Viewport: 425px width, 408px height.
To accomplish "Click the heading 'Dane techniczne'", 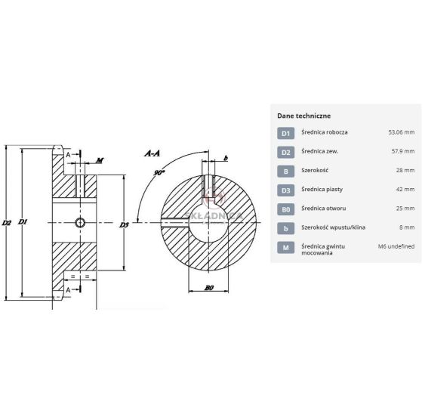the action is coord(304,116).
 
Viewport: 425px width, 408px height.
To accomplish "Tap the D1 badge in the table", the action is coord(285,133).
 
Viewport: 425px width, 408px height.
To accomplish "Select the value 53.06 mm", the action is coord(402,132).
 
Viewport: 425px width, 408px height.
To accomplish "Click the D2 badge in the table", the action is coord(285,152).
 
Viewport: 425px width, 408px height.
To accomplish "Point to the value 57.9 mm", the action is coord(403,151).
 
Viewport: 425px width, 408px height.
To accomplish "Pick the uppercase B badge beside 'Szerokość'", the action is coord(285,172).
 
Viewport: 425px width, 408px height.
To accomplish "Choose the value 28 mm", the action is coord(405,170).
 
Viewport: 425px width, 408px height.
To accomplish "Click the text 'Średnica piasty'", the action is coord(322,190).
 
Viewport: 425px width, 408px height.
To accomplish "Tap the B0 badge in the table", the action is coord(285,209).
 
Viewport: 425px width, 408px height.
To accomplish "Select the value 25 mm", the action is coord(405,209).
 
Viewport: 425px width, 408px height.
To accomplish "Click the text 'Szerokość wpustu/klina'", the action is coord(334,227).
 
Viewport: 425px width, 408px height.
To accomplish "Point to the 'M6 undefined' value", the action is coord(396,246).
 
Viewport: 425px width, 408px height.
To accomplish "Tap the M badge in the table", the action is coord(285,247).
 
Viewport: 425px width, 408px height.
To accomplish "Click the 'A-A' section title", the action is coord(152,153).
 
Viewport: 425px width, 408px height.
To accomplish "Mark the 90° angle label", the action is coord(159,172).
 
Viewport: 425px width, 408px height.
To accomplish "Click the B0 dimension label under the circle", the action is coord(209,288).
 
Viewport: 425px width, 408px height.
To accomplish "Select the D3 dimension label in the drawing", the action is coord(124,224).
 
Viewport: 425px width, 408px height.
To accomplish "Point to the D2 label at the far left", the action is coord(7,223).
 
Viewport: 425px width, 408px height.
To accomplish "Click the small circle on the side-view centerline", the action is coord(80,223).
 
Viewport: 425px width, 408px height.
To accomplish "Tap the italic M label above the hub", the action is coord(100,161).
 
